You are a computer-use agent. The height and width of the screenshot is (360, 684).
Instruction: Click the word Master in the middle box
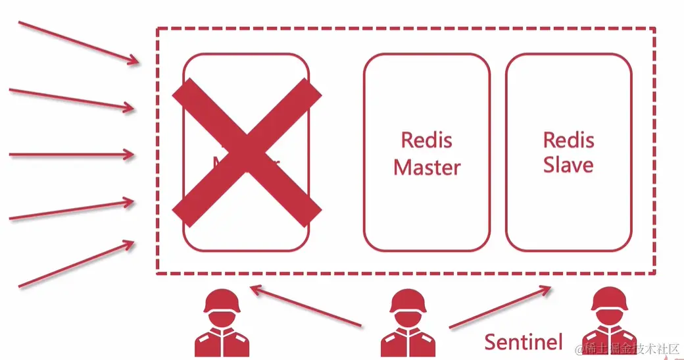(x=427, y=167)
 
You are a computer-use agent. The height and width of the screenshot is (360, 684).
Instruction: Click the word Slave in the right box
(x=568, y=164)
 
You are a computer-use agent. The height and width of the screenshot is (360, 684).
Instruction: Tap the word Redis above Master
(x=427, y=140)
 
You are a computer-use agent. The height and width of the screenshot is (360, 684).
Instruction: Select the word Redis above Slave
(x=568, y=140)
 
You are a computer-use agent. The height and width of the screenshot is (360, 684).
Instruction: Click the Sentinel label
(x=524, y=341)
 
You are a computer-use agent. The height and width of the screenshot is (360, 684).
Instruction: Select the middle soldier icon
(x=409, y=324)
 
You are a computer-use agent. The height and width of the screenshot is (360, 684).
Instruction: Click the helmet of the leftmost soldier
(x=222, y=302)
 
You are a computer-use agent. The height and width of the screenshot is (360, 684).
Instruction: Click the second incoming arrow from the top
(x=72, y=98)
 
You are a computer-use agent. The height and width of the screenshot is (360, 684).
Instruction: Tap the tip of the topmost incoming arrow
(x=139, y=63)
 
